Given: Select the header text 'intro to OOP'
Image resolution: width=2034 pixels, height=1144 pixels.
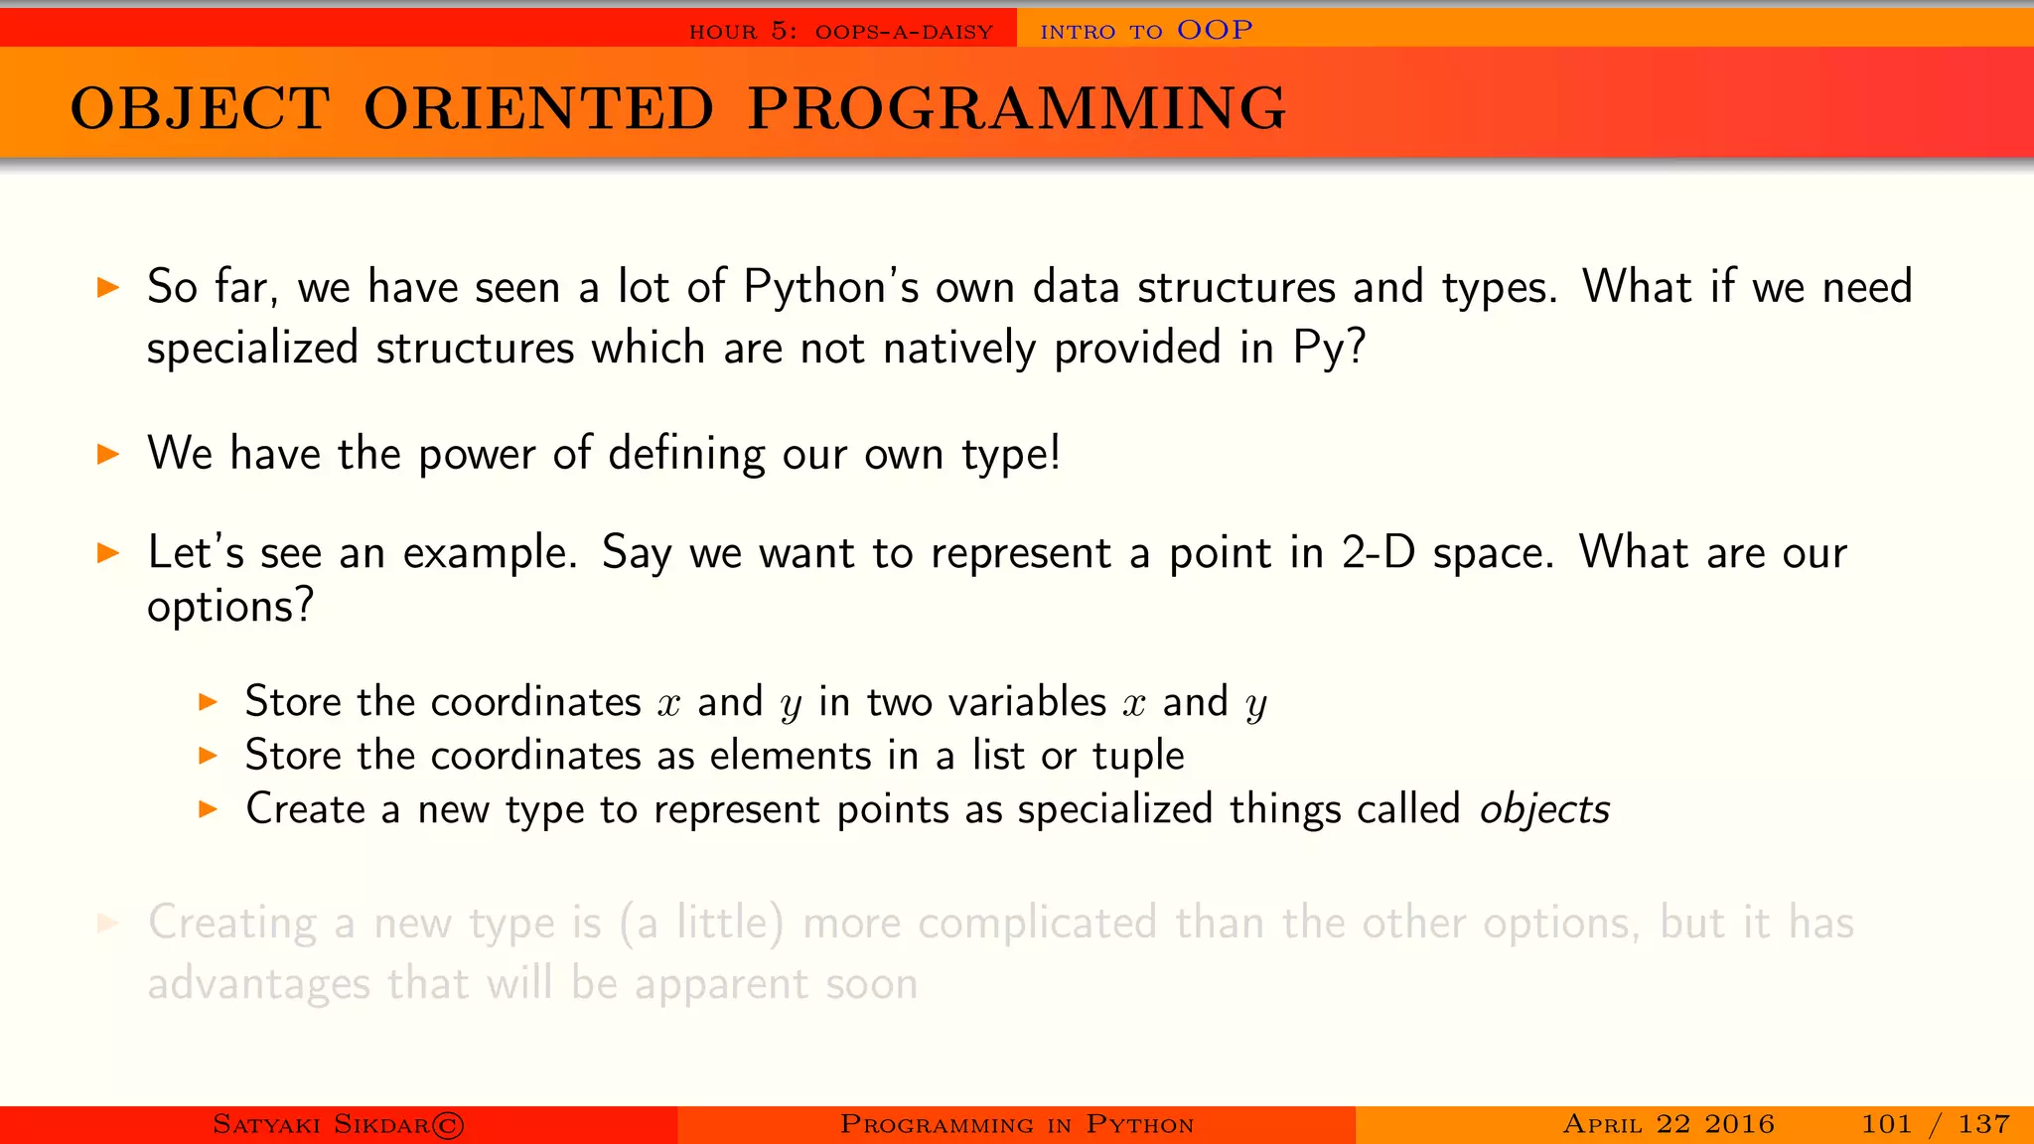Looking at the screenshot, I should pyautogui.click(x=1146, y=31).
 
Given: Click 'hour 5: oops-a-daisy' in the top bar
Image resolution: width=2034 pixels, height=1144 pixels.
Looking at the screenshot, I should pyautogui.click(x=840, y=32).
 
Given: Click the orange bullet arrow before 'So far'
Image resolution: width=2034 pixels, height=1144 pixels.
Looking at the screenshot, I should pyautogui.click(x=108, y=289).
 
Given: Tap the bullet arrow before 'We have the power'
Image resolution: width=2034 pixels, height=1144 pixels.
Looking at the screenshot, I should pyautogui.click(x=108, y=455).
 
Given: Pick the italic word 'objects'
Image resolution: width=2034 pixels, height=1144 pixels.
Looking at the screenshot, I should pyautogui.click(x=1544, y=809).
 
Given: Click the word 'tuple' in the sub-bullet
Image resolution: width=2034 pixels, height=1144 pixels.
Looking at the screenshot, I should pyautogui.click(x=1138, y=756).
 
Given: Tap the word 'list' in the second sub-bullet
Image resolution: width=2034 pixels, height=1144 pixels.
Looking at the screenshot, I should pyautogui.click(x=997, y=756).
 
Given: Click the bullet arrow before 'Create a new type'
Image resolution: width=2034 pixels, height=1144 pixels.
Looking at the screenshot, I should pyautogui.click(x=208, y=809).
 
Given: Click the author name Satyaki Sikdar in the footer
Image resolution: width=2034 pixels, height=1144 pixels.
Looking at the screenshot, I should pyautogui.click(x=338, y=1124).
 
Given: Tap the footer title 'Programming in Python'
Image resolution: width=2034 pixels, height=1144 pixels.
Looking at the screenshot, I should pyautogui.click(x=1016, y=1124).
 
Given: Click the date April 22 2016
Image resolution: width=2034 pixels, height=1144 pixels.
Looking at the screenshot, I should pyautogui.click(x=1669, y=1124).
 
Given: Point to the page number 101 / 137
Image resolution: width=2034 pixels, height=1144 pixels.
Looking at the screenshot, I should pyautogui.click(x=1935, y=1124).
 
